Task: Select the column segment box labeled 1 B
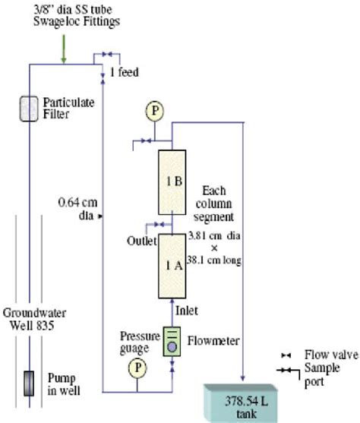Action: coord(172,182)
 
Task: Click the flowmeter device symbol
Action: coord(172,343)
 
